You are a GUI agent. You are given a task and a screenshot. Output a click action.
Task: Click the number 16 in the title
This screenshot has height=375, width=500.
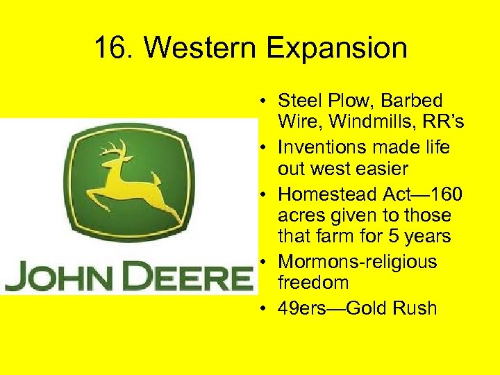coord(108,49)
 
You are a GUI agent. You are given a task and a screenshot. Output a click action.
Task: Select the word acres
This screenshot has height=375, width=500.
coord(300,216)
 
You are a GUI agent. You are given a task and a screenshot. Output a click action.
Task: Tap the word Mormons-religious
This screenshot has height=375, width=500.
coord(357,262)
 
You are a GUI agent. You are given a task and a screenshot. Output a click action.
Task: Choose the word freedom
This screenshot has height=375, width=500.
coord(313,283)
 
